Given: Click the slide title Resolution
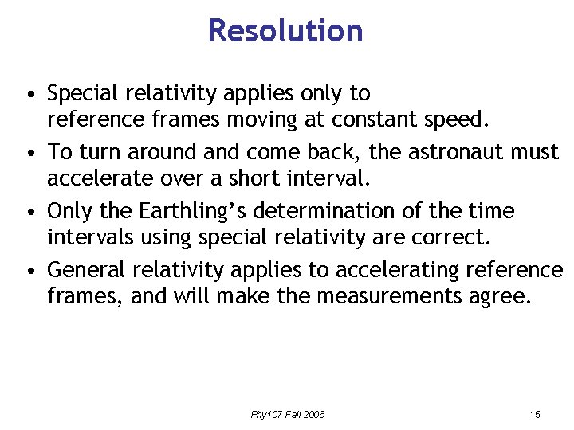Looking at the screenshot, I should [285, 31].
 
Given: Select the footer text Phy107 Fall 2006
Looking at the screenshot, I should [288, 414].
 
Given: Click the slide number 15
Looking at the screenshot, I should [534, 414].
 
